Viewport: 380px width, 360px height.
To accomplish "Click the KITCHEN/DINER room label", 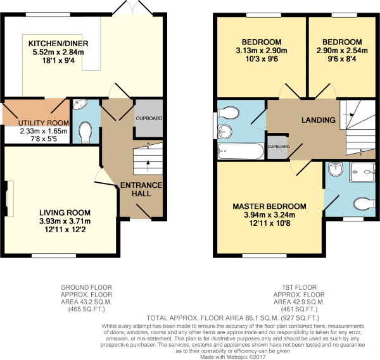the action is pyautogui.click(x=58, y=44).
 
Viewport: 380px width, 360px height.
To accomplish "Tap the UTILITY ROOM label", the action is pyautogui.click(x=44, y=123).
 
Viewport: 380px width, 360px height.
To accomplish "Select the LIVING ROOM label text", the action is pyautogui.click(x=65, y=213).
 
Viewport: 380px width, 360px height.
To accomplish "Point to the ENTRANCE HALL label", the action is pyautogui.click(x=141, y=189).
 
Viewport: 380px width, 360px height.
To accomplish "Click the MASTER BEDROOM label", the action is pyautogui.click(x=270, y=206).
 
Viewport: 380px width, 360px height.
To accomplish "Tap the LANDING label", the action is pyautogui.click(x=319, y=120).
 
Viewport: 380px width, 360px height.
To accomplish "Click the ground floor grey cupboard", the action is pyautogui.click(x=149, y=118).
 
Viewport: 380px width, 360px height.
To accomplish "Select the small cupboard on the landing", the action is pyautogui.click(x=278, y=147).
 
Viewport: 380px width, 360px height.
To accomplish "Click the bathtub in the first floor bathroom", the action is pyautogui.click(x=241, y=151).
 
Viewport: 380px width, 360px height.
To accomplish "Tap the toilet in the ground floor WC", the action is pyautogui.click(x=85, y=132).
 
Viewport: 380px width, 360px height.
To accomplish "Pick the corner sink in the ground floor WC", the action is pyautogui.click(x=80, y=104).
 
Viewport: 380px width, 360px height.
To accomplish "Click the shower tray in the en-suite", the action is pyautogui.click(x=362, y=172).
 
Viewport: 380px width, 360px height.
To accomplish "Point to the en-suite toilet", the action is pyautogui.click(x=364, y=204).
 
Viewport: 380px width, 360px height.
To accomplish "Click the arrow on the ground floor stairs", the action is pyautogui.click(x=148, y=166).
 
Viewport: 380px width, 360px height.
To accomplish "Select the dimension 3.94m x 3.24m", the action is pyautogui.click(x=270, y=214).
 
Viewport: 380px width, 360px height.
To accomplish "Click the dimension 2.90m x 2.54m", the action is pyautogui.click(x=342, y=51).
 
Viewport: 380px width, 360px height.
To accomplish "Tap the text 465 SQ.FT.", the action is pyautogui.click(x=87, y=309).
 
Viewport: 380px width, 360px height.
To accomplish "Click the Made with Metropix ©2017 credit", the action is pyautogui.click(x=232, y=357).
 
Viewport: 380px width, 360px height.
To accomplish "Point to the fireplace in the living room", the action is pyautogui.click(x=8, y=199).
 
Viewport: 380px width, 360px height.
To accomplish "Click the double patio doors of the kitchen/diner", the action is pyautogui.click(x=132, y=8).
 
